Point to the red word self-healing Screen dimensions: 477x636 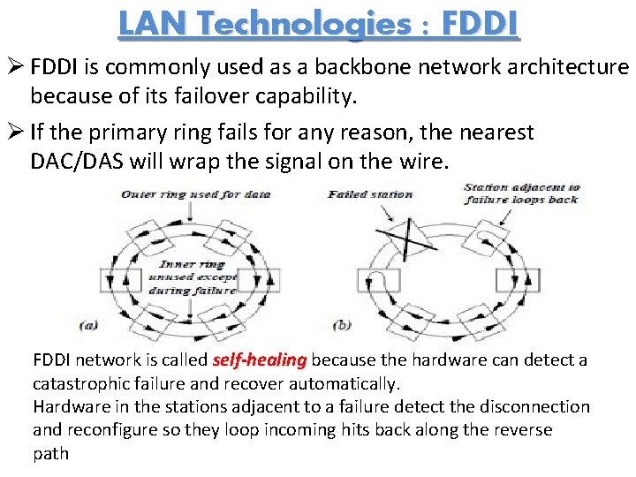[260, 360]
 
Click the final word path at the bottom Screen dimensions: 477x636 [50, 453]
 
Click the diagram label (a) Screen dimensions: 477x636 [87, 325]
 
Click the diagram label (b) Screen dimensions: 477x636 [341, 325]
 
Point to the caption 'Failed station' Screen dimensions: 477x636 [370, 194]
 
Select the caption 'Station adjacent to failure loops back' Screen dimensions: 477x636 [522, 193]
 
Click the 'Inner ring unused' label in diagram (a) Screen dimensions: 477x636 [197, 276]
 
